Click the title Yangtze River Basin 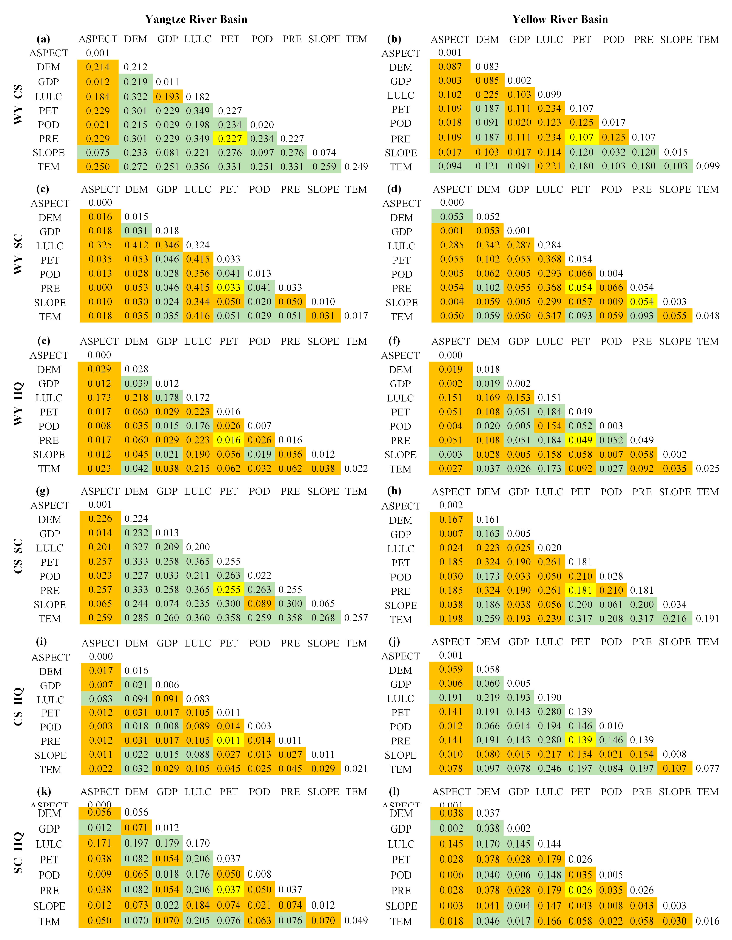click(196, 19)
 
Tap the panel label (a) click(43, 39)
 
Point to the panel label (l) click(394, 791)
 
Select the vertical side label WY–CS click(18, 105)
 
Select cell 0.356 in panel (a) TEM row click(197, 167)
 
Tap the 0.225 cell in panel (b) click(488, 94)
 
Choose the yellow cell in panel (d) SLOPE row click(642, 302)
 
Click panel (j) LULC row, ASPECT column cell click(451, 697)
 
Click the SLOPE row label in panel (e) click(49, 454)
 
